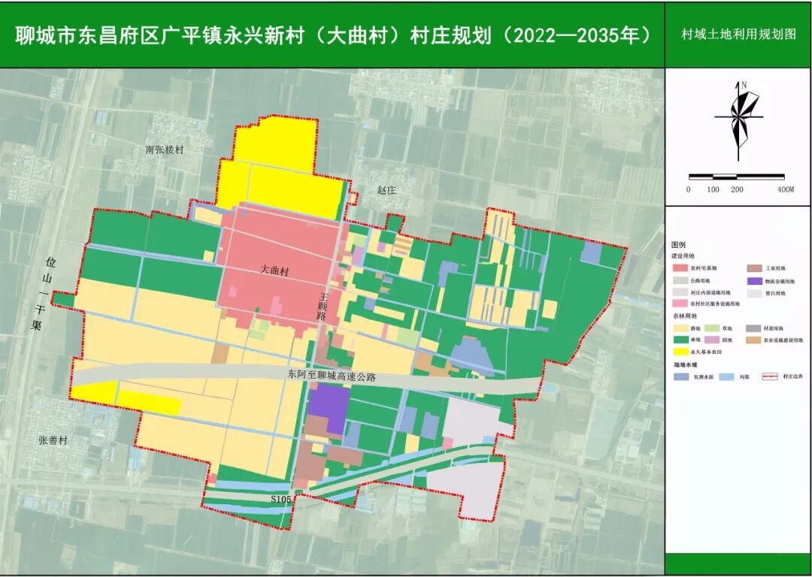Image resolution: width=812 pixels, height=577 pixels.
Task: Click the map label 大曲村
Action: click(274, 268)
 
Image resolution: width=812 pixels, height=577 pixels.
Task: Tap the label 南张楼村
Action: click(165, 150)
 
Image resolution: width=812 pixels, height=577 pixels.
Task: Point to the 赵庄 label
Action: click(386, 191)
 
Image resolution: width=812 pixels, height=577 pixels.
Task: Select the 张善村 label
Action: click(53, 440)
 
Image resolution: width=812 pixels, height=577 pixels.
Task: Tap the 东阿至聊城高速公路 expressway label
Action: click(331, 373)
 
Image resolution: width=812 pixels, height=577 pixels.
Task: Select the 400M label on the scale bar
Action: click(785, 189)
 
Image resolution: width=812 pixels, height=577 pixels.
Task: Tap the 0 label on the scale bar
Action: click(688, 189)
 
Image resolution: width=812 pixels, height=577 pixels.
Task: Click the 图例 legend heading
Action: click(679, 245)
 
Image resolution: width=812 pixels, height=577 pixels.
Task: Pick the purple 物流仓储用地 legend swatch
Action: click(754, 281)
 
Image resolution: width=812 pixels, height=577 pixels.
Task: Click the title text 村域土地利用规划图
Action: click(738, 35)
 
